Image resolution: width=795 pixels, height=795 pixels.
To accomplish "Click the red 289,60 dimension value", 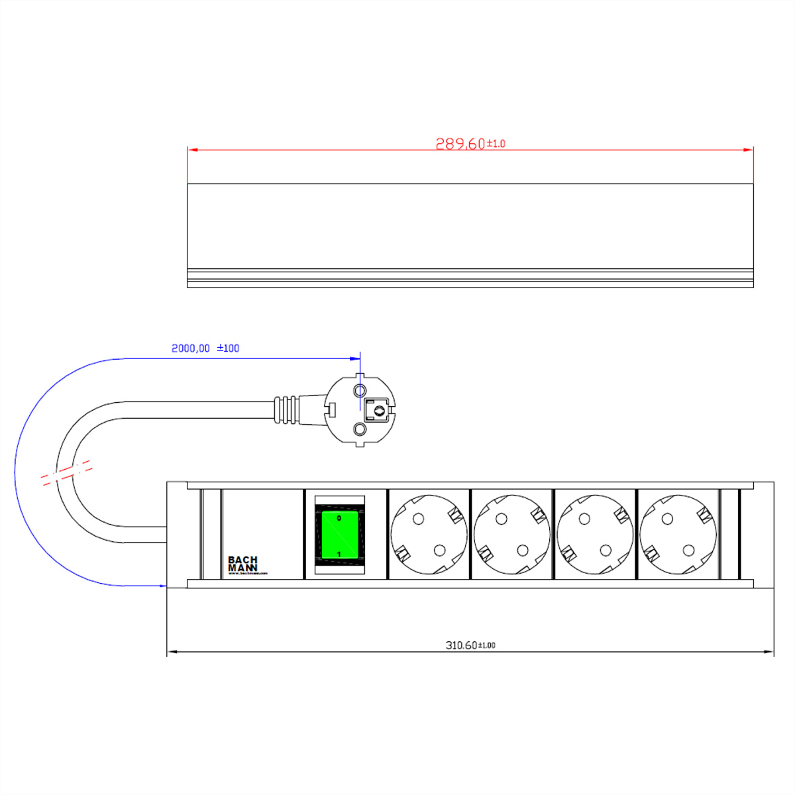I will (460, 144).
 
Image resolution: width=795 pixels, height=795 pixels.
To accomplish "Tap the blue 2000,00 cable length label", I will (191, 348).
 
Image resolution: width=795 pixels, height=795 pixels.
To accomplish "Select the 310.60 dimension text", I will (461, 645).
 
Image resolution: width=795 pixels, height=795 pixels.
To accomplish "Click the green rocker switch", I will (339, 535).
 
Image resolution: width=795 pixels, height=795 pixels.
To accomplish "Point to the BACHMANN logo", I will (242, 564).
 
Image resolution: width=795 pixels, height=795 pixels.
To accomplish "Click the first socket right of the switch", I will (429, 534).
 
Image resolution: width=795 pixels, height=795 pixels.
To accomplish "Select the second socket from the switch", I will (512, 534).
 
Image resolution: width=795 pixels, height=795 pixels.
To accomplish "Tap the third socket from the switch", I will (595, 534).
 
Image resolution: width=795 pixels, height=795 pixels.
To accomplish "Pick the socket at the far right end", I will (678, 534).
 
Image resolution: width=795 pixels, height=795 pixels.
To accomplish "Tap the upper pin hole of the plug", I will (360, 390).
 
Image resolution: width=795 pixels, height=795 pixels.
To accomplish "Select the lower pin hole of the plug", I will (360, 430).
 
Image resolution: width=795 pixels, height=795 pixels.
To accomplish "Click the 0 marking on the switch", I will (339, 518).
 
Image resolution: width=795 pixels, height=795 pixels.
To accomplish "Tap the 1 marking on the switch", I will (339, 554).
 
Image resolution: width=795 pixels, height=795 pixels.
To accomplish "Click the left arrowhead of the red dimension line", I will (192, 150).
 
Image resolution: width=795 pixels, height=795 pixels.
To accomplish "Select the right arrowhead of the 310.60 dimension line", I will (769, 653).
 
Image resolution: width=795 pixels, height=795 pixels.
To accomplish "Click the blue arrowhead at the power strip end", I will (162, 586).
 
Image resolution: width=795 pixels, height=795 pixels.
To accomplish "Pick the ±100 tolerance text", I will (229, 348).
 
